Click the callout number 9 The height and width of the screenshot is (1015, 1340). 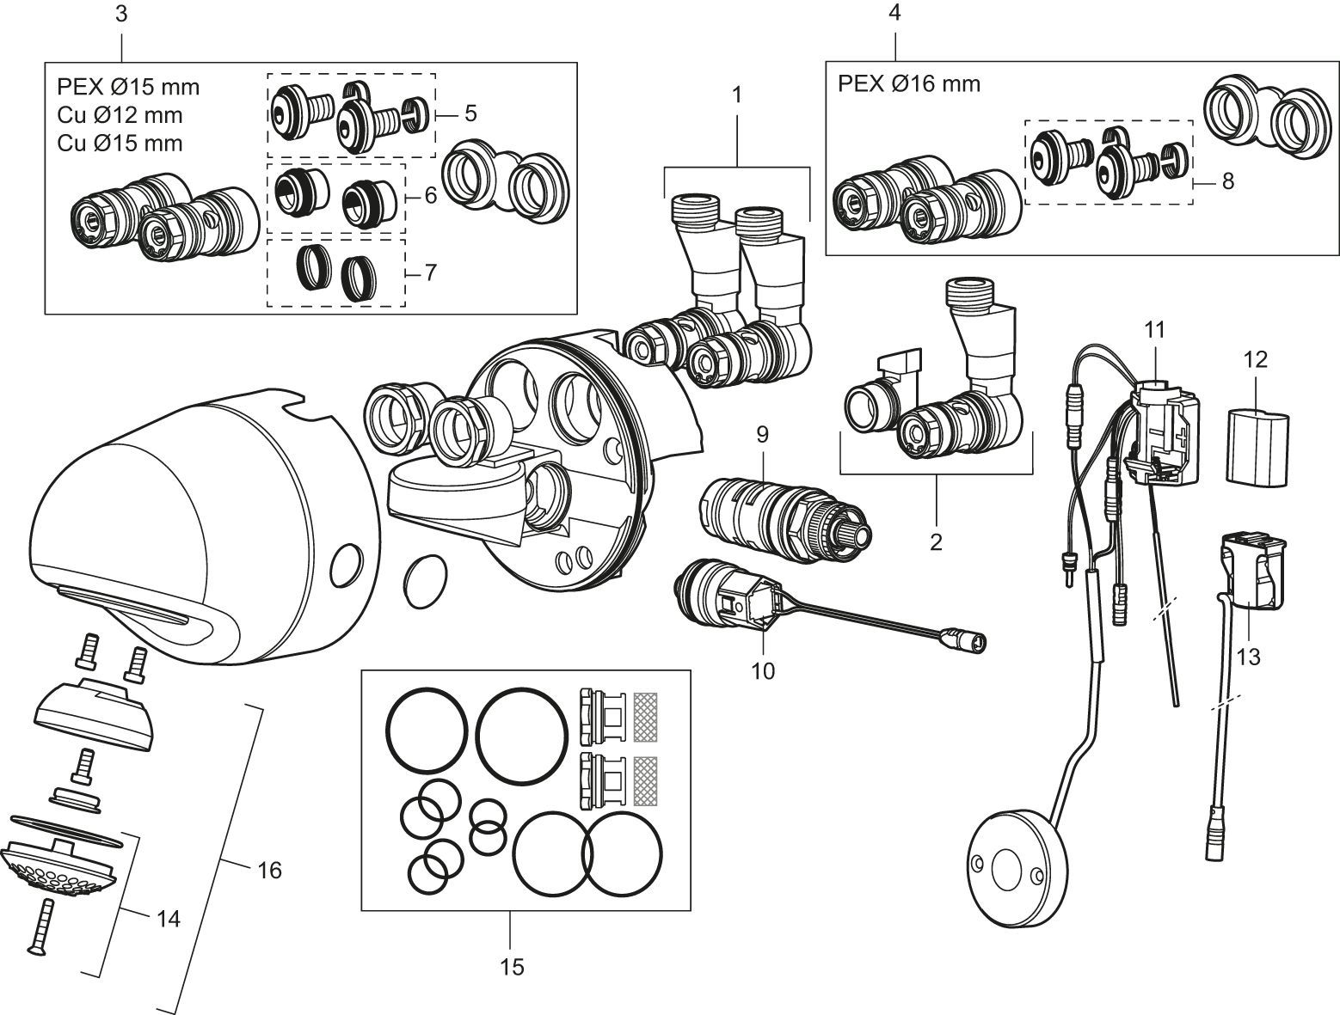pos(761,436)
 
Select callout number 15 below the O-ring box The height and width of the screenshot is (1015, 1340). pos(511,967)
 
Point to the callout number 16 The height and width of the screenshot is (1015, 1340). pos(268,870)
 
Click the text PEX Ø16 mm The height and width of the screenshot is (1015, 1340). pos(908,83)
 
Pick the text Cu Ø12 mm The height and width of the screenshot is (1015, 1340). pos(120,114)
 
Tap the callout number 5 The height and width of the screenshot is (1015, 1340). pos(469,113)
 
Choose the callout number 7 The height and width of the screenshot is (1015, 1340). pos(430,272)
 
